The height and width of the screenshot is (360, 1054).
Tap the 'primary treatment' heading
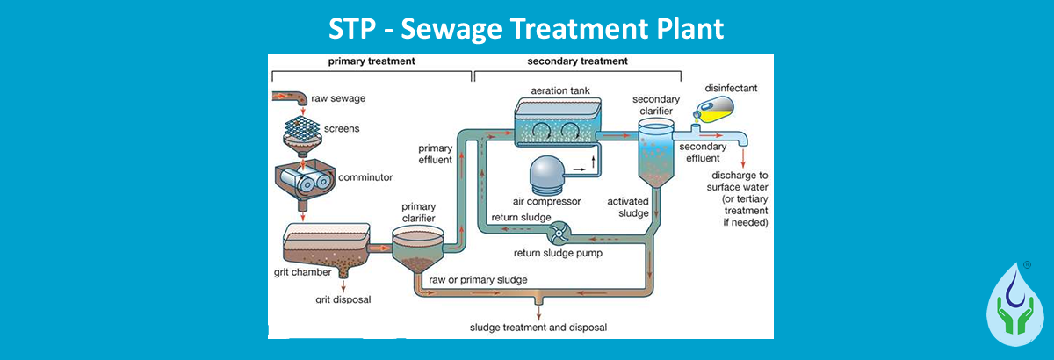(371, 61)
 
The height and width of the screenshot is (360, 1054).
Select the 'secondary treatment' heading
(577, 61)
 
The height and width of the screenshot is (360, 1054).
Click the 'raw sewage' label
(338, 98)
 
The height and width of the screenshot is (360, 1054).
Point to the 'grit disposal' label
(343, 299)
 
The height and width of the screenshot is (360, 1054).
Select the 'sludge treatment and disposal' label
(538, 328)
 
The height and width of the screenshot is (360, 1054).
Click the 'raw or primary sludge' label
(478, 280)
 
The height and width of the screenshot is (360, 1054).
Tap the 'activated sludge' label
(628, 207)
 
